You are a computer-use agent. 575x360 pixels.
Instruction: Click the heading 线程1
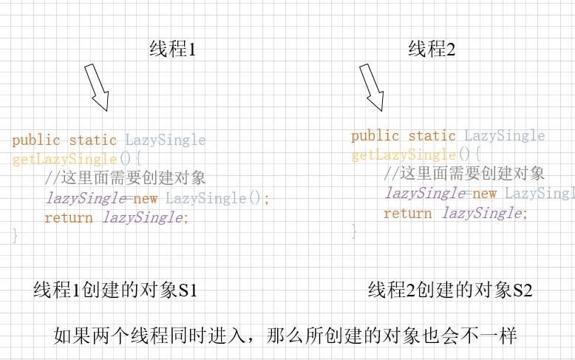tap(173, 50)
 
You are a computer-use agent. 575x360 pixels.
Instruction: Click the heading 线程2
tap(432, 50)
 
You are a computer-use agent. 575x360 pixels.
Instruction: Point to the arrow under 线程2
tap(372, 87)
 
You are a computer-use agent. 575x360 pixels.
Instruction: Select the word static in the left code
tap(93, 140)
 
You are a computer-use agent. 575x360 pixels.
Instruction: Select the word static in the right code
tap(432, 136)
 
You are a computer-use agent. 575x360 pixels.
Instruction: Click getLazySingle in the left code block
tap(64, 159)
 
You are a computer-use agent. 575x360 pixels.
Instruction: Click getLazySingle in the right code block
tap(404, 155)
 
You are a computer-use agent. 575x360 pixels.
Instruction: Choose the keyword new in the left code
tap(146, 198)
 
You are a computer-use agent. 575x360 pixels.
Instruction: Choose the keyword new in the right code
tap(485, 194)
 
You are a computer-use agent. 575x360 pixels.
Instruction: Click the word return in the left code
tap(69, 217)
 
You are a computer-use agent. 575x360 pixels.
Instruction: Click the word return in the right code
tap(408, 214)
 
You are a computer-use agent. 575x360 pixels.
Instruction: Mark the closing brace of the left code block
tap(15, 236)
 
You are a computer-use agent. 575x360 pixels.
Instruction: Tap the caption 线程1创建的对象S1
tap(115, 291)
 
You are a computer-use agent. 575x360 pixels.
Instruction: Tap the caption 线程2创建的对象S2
tap(450, 291)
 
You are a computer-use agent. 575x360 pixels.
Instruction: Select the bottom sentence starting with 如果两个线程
tap(285, 335)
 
